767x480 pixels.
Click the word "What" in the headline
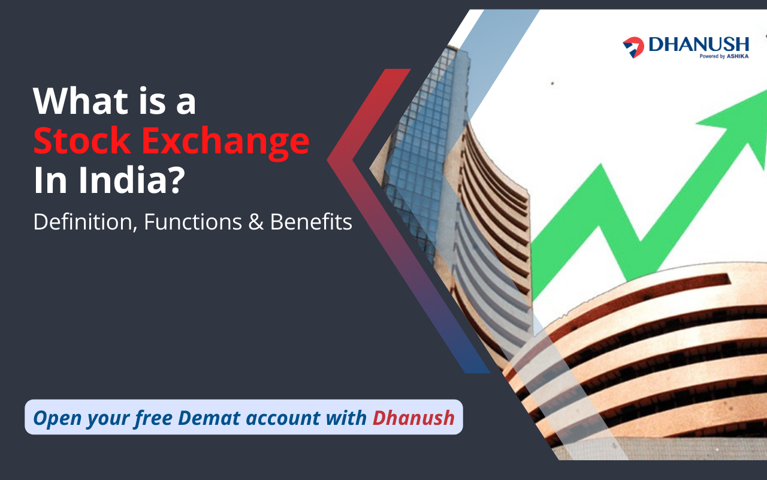coord(80,101)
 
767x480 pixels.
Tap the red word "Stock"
coord(82,140)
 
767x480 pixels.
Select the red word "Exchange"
coord(226,143)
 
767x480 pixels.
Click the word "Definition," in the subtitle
coord(85,222)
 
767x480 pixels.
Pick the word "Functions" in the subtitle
coord(193,222)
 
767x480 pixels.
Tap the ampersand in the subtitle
coord(256,222)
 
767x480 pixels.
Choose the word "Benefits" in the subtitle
coord(311,222)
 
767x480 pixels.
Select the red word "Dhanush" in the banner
coord(413,418)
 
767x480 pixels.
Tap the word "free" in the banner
coord(153,418)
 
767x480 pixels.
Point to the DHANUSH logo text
coord(699,44)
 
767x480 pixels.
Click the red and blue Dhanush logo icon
coord(633,47)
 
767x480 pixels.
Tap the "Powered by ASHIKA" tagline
coord(724,56)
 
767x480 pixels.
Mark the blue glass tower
coord(425,150)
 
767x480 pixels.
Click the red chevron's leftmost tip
coord(327,159)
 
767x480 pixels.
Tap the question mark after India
coord(177,180)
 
